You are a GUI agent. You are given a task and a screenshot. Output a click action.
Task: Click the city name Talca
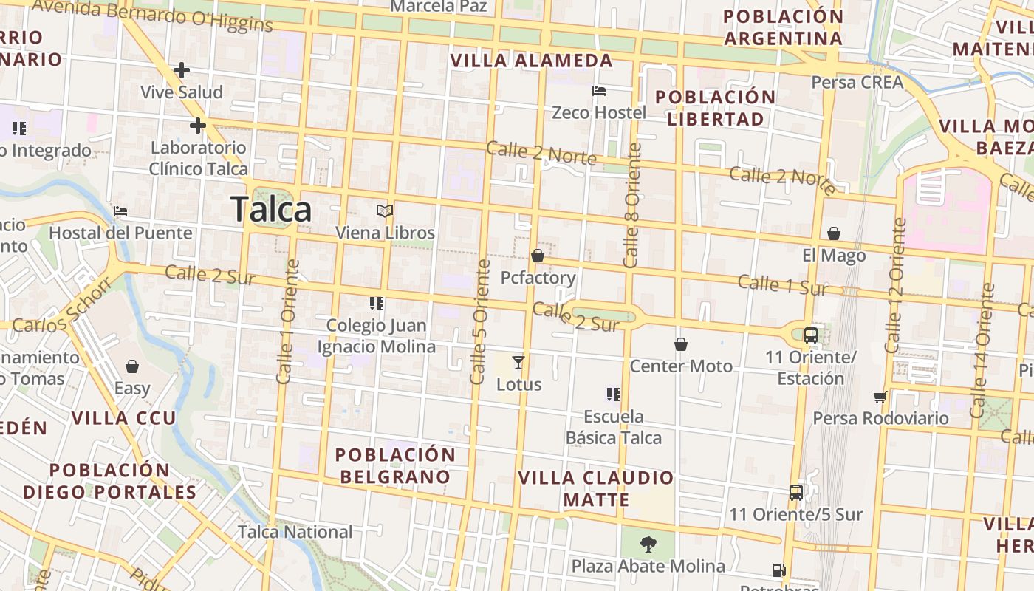pyautogui.click(x=270, y=210)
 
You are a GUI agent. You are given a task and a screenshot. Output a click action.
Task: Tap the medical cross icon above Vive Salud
pyautogui.click(x=182, y=71)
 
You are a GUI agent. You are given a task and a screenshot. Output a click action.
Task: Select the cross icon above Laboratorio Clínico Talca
pyautogui.click(x=197, y=126)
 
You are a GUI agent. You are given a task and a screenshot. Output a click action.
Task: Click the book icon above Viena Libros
pyautogui.click(x=384, y=211)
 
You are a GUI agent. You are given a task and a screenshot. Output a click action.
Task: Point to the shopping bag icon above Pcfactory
pyautogui.click(x=538, y=256)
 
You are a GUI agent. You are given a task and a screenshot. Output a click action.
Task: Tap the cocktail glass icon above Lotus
pyautogui.click(x=518, y=362)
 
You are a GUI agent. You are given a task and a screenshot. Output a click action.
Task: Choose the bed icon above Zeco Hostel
pyautogui.click(x=599, y=91)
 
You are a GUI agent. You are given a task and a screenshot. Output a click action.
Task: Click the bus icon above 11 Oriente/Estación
pyautogui.click(x=810, y=335)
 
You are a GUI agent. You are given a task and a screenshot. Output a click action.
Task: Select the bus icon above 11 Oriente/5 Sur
pyautogui.click(x=795, y=492)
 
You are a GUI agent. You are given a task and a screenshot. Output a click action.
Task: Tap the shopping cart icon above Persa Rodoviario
pyautogui.click(x=880, y=397)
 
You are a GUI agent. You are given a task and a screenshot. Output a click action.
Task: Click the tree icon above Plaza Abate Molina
pyautogui.click(x=648, y=544)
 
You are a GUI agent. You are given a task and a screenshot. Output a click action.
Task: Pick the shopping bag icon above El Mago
pyautogui.click(x=834, y=233)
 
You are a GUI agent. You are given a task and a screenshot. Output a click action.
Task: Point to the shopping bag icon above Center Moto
pyautogui.click(x=680, y=344)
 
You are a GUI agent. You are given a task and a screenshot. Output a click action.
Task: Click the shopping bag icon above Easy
pyautogui.click(x=132, y=366)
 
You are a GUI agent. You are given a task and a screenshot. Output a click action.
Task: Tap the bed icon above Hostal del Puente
pyautogui.click(x=120, y=211)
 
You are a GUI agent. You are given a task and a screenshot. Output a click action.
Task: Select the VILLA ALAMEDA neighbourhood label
pyautogui.click(x=532, y=61)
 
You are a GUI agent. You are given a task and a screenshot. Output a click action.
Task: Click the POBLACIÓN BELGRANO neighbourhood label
pyautogui.click(x=395, y=465)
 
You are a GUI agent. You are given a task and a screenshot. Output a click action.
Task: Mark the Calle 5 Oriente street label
pyautogui.click(x=480, y=321)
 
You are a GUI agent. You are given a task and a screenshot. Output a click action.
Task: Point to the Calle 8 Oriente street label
pyautogui.click(x=632, y=205)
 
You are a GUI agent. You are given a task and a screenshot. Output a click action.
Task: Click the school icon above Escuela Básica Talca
pyautogui.click(x=613, y=394)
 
